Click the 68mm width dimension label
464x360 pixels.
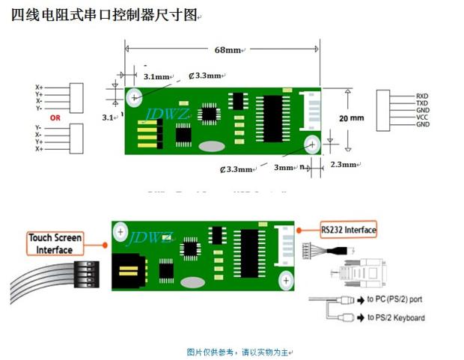coord(228,50)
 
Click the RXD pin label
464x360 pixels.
coord(422,96)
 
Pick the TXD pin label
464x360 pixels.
coord(422,103)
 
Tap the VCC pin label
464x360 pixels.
coord(422,118)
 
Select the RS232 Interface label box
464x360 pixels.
coord(348,230)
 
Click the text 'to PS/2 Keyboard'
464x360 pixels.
coord(396,318)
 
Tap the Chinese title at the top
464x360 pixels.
coord(105,15)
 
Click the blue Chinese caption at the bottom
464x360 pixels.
coord(239,351)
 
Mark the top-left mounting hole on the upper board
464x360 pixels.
coord(135,97)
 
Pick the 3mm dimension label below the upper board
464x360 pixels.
coord(284,168)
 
